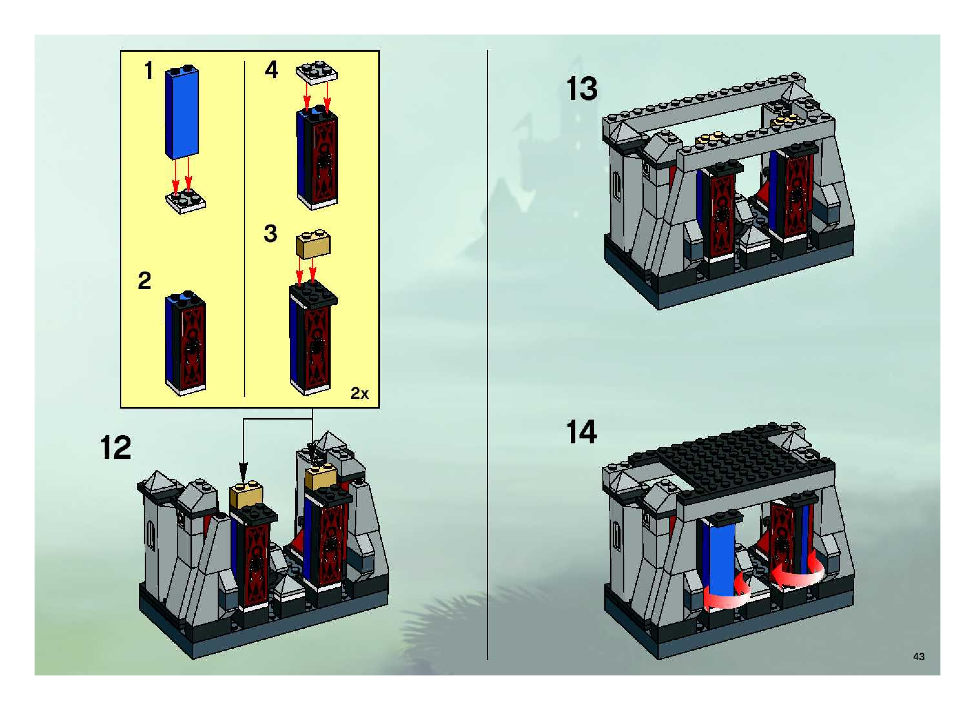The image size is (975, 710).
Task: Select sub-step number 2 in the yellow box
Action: click(x=144, y=281)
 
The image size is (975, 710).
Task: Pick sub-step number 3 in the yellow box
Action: click(x=271, y=234)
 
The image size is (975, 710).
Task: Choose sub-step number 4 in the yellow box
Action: click(x=271, y=70)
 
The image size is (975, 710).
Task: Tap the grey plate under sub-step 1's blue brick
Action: click(x=186, y=201)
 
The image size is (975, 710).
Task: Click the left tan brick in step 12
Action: click(x=246, y=495)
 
